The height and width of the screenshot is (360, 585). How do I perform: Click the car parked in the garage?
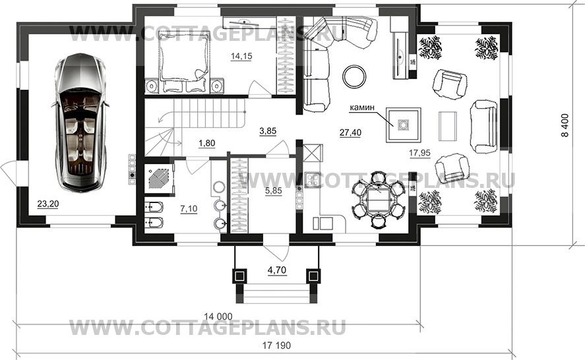[80, 123]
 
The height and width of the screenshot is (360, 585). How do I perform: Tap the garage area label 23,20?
[47, 204]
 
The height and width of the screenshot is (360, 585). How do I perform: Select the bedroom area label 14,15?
[241, 56]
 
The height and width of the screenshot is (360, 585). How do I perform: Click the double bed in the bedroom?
[183, 61]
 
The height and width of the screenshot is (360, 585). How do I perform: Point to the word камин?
[361, 108]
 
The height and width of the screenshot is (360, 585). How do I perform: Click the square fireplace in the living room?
[404, 125]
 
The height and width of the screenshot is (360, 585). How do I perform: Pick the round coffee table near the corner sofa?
[355, 76]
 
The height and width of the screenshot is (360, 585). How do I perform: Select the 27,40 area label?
[350, 132]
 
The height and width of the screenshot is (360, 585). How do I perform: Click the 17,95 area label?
[419, 152]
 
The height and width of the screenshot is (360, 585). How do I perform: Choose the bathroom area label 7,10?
[189, 209]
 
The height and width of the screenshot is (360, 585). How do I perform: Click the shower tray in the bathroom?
[160, 179]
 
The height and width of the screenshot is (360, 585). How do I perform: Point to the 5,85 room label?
[274, 191]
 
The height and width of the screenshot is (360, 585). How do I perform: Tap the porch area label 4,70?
[277, 270]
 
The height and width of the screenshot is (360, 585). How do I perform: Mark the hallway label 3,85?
[268, 131]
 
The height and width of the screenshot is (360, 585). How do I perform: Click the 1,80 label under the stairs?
[206, 143]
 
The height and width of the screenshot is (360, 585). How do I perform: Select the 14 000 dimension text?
[218, 316]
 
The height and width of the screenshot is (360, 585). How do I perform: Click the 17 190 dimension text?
[276, 345]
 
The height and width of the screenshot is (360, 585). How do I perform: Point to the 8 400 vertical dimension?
[565, 125]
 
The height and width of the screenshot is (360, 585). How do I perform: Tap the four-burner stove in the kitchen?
[313, 180]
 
